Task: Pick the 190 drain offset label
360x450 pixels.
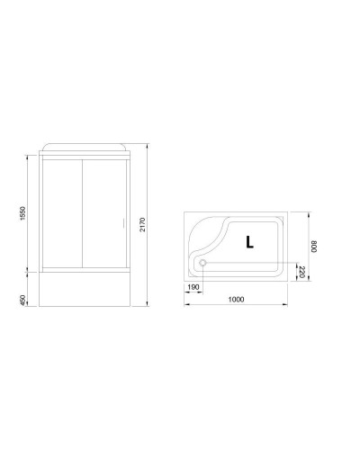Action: coord(193,288)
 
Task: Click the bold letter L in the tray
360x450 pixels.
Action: coord(248,240)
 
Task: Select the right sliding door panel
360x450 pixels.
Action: coord(103,215)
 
